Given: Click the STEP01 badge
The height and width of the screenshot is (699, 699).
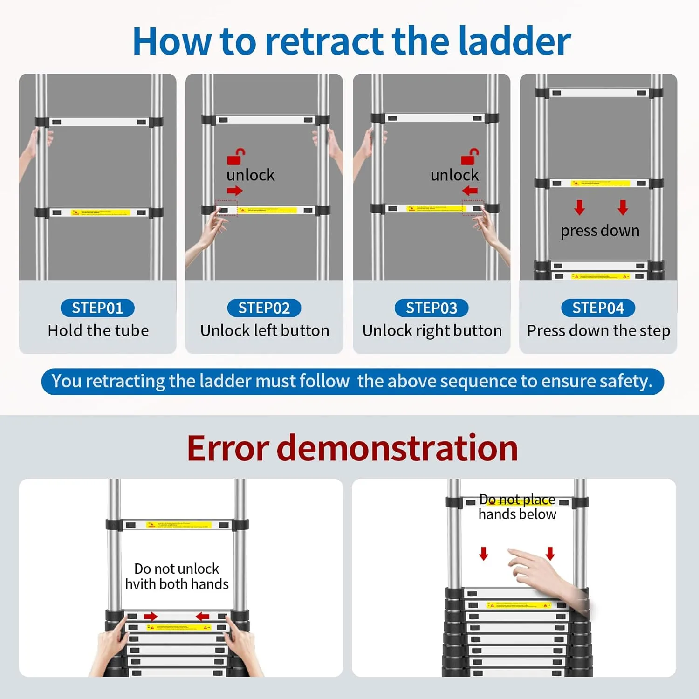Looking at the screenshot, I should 97,308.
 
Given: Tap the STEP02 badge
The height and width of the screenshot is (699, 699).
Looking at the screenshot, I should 264,308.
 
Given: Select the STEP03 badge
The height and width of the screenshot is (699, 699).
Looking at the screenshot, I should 432,308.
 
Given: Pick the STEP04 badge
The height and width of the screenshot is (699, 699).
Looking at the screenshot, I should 598,308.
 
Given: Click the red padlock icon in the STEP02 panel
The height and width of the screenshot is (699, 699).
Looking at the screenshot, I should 236,157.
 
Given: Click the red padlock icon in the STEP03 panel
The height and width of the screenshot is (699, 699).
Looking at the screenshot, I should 470,157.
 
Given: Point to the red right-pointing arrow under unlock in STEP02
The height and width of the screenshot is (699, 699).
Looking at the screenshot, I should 235,191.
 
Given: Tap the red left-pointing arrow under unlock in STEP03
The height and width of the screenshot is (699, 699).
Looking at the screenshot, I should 470,191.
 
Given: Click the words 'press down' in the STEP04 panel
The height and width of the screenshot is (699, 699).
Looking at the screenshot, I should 600,231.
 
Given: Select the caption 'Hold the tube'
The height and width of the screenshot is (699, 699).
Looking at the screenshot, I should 98,330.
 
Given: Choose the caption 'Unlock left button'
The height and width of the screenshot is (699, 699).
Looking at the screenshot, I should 265,330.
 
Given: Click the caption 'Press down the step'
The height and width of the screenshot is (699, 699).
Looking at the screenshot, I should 598,330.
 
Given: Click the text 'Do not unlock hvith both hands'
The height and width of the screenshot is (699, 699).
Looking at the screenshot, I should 177,576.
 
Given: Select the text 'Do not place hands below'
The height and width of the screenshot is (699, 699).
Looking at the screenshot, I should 517,507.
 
